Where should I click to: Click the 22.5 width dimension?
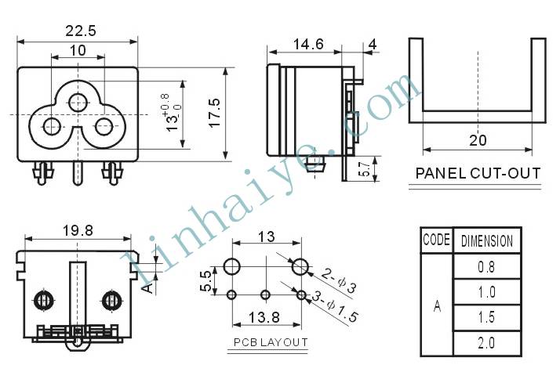[81, 31]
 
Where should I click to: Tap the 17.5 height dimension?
[215, 113]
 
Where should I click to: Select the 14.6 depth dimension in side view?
[308, 45]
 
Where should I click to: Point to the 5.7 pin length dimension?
[364, 168]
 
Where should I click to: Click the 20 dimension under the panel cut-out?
[478, 140]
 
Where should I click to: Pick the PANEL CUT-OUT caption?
[478, 173]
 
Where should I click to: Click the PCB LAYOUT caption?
[271, 342]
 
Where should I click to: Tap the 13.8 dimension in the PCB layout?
[264, 317]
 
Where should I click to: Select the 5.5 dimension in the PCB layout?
[206, 281]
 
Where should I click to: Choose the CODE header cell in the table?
[436, 240]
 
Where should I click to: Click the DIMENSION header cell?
[487, 240]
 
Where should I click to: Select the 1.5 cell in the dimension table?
[487, 317]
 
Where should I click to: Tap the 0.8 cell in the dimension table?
[487, 267]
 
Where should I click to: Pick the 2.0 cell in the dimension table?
[487, 343]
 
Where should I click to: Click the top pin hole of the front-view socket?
[78, 103]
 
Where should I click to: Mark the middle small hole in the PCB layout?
[265, 295]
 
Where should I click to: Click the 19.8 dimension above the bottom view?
[78, 231]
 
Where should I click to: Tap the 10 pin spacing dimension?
[78, 51]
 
